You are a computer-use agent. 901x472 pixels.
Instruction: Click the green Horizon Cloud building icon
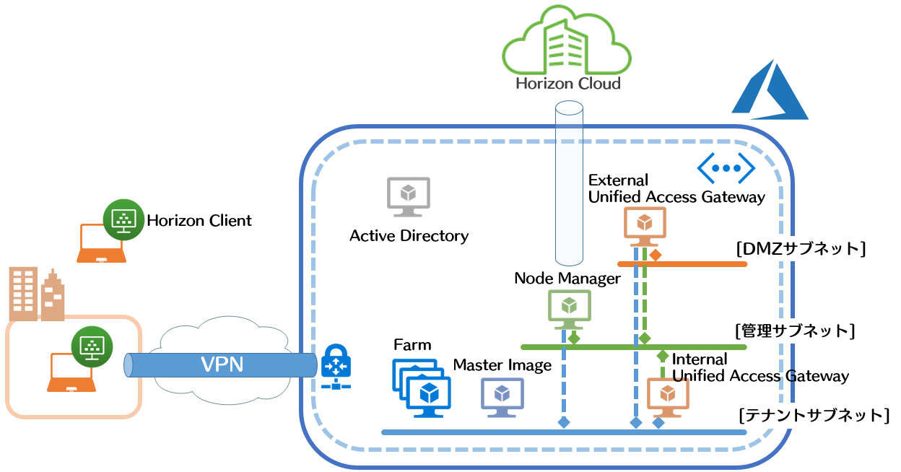point(567,45)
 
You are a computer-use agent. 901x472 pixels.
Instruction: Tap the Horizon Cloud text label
point(567,84)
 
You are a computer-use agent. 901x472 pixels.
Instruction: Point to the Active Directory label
point(409,236)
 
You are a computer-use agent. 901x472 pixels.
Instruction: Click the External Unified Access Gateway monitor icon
point(645,225)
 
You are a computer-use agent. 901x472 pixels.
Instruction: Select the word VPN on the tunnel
point(222,365)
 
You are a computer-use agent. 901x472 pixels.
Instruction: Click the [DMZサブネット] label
point(800,249)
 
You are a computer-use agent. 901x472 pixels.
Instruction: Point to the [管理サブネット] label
point(795,331)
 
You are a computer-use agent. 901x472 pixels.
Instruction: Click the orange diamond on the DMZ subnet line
point(656,255)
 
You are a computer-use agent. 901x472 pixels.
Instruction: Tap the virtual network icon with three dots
point(726,168)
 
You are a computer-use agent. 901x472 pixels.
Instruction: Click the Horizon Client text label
point(199,221)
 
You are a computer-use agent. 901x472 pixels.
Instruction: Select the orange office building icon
point(36,294)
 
